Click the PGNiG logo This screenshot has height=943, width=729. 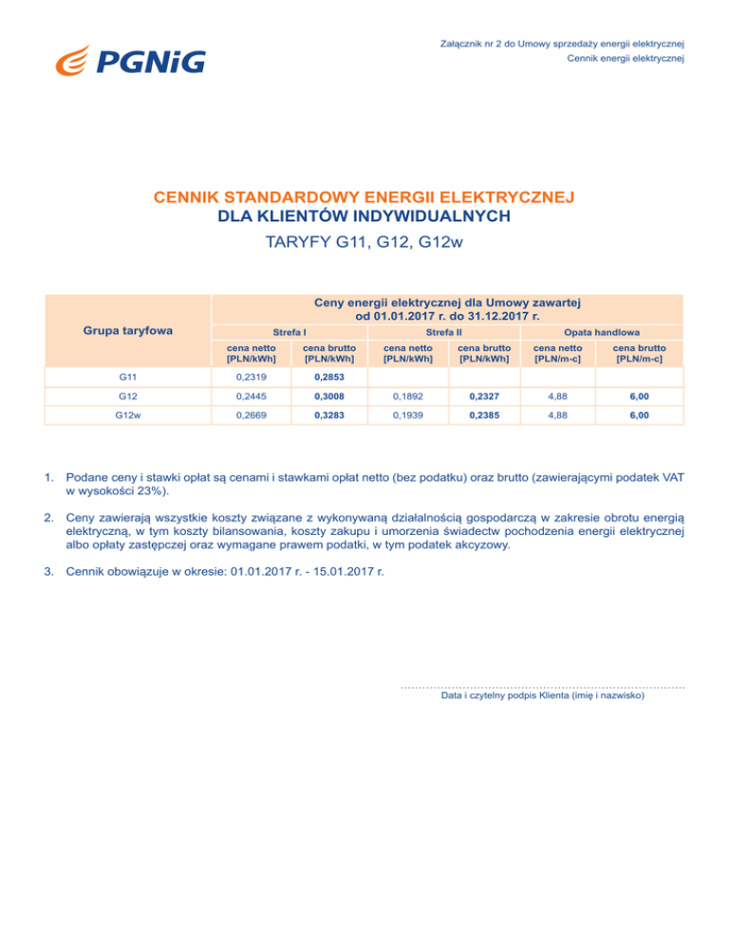(130, 63)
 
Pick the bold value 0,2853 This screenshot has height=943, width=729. (329, 377)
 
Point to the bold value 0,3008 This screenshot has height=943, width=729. (329, 396)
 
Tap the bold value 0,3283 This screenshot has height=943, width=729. (329, 416)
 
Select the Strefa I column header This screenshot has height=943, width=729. (289, 333)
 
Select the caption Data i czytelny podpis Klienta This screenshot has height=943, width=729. (543, 695)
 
